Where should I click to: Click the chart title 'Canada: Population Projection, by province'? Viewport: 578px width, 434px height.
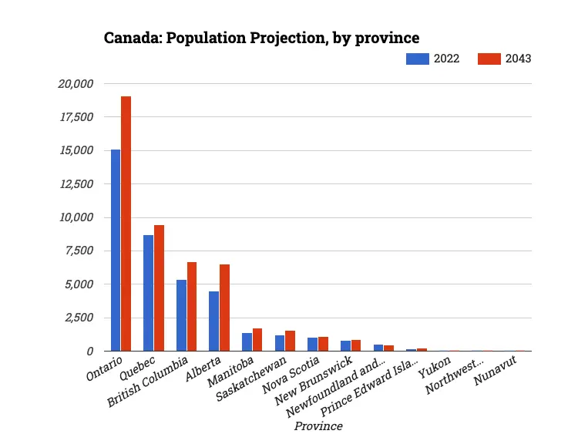261,37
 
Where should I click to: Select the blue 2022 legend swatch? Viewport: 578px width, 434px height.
417,59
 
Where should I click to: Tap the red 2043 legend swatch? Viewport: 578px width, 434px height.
489,59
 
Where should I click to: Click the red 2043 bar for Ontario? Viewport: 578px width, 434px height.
126,224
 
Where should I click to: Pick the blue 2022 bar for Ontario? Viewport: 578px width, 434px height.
116,250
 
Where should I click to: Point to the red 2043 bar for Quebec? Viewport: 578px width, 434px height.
160,288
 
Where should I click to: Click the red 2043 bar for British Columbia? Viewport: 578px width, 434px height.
192,306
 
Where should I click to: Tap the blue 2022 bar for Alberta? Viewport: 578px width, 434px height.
214,321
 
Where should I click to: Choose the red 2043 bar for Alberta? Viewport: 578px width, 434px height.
225,308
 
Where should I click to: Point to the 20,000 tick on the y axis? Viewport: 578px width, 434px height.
76,83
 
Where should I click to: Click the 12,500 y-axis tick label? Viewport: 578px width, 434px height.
76,183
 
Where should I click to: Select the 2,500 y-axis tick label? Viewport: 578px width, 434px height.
79,318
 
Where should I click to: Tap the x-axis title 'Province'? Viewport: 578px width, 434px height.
318,426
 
